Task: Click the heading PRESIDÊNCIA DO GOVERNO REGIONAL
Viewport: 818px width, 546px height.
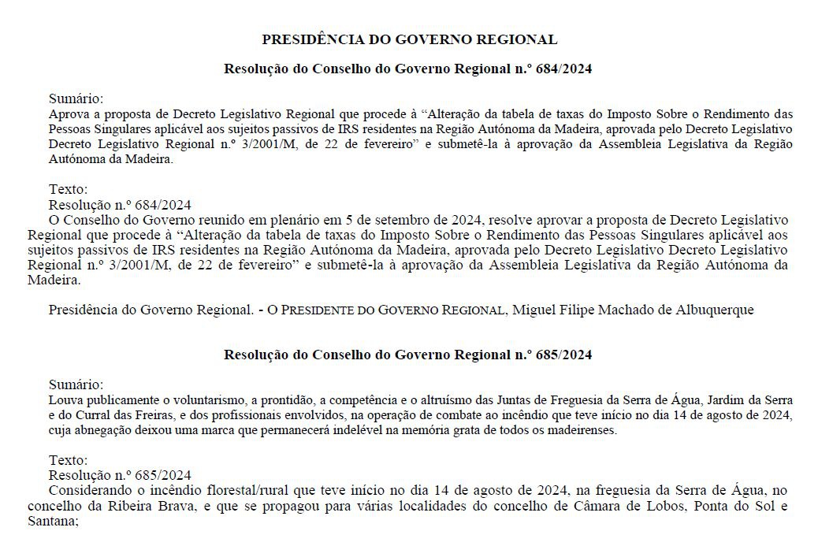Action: pyautogui.click(x=409, y=39)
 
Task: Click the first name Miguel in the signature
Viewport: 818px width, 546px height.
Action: pyautogui.click(x=534, y=310)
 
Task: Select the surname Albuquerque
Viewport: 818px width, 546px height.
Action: pyautogui.click(x=713, y=310)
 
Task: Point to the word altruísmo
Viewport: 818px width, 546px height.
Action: pyautogui.click(x=470, y=400)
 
